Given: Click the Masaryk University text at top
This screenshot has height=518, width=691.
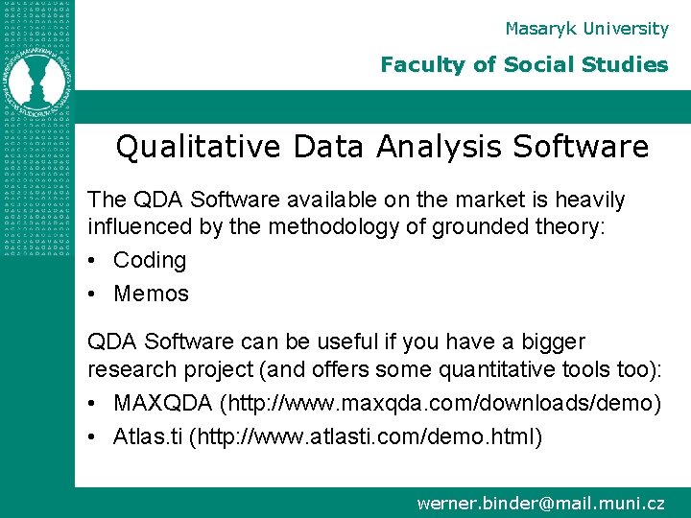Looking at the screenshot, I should pyautogui.click(x=586, y=29).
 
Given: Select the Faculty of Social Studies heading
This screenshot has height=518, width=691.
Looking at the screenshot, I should pyautogui.click(x=523, y=65).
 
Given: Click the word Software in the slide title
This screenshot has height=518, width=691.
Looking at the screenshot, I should pyautogui.click(x=580, y=148).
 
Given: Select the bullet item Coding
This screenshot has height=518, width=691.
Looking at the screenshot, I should pyautogui.click(x=149, y=260).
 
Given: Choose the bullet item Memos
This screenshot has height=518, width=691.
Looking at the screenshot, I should pyautogui.click(x=151, y=294).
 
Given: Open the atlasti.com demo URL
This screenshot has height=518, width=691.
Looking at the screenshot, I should pyautogui.click(x=366, y=437).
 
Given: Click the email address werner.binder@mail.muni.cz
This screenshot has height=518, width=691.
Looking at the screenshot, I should pyautogui.click(x=540, y=503).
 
